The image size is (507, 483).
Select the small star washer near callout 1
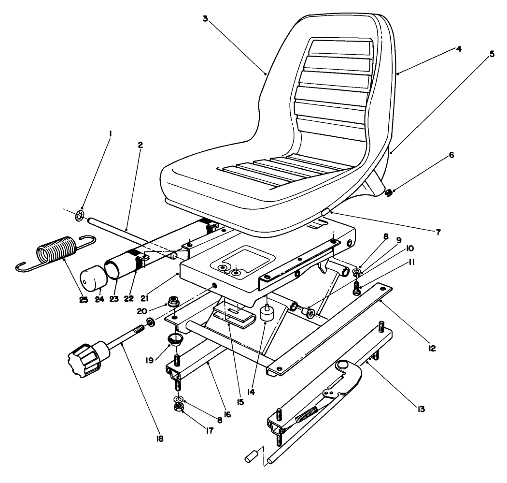[81, 215]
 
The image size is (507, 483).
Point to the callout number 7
[437, 233]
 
